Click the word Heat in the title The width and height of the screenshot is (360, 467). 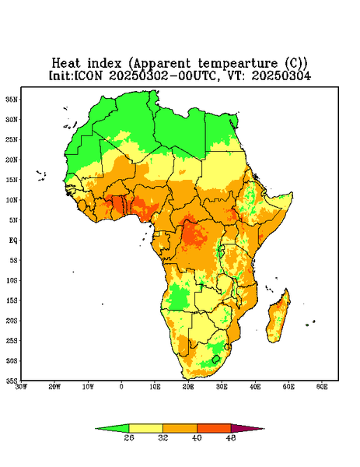tap(66, 64)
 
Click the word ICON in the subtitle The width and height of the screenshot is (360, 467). tap(88, 75)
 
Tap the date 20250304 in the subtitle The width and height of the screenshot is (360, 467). tap(281, 75)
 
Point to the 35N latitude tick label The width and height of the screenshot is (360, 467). tap(12, 100)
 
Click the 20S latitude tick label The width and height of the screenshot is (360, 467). tap(12, 321)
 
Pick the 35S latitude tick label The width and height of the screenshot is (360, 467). tap(12, 381)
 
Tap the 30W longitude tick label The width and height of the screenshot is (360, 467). tap(21, 387)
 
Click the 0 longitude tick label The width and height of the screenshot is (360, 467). tap(121, 387)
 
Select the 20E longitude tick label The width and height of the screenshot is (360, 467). tap(188, 387)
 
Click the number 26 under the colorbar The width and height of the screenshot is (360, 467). tap(129, 437)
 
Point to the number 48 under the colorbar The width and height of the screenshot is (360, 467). tap(231, 437)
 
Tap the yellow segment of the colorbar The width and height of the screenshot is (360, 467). tap(145, 428)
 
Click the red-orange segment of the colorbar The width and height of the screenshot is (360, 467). tap(214, 428)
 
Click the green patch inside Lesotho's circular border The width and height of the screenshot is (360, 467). tap(215, 359)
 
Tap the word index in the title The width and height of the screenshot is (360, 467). tap(104, 64)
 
